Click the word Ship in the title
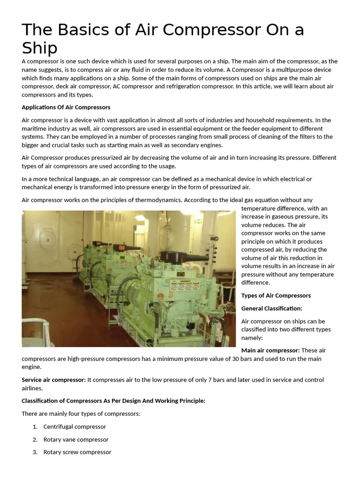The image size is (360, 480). (40, 48)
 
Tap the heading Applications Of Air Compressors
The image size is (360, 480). (66, 107)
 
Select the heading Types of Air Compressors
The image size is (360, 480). (276, 295)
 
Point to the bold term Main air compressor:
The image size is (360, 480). (270, 350)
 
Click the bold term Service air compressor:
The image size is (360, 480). (53, 380)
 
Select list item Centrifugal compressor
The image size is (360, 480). (75, 427)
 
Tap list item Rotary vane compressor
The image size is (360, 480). (75, 440)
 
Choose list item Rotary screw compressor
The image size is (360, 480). (77, 452)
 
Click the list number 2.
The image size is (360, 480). (35, 440)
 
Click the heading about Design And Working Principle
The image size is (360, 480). (113, 401)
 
